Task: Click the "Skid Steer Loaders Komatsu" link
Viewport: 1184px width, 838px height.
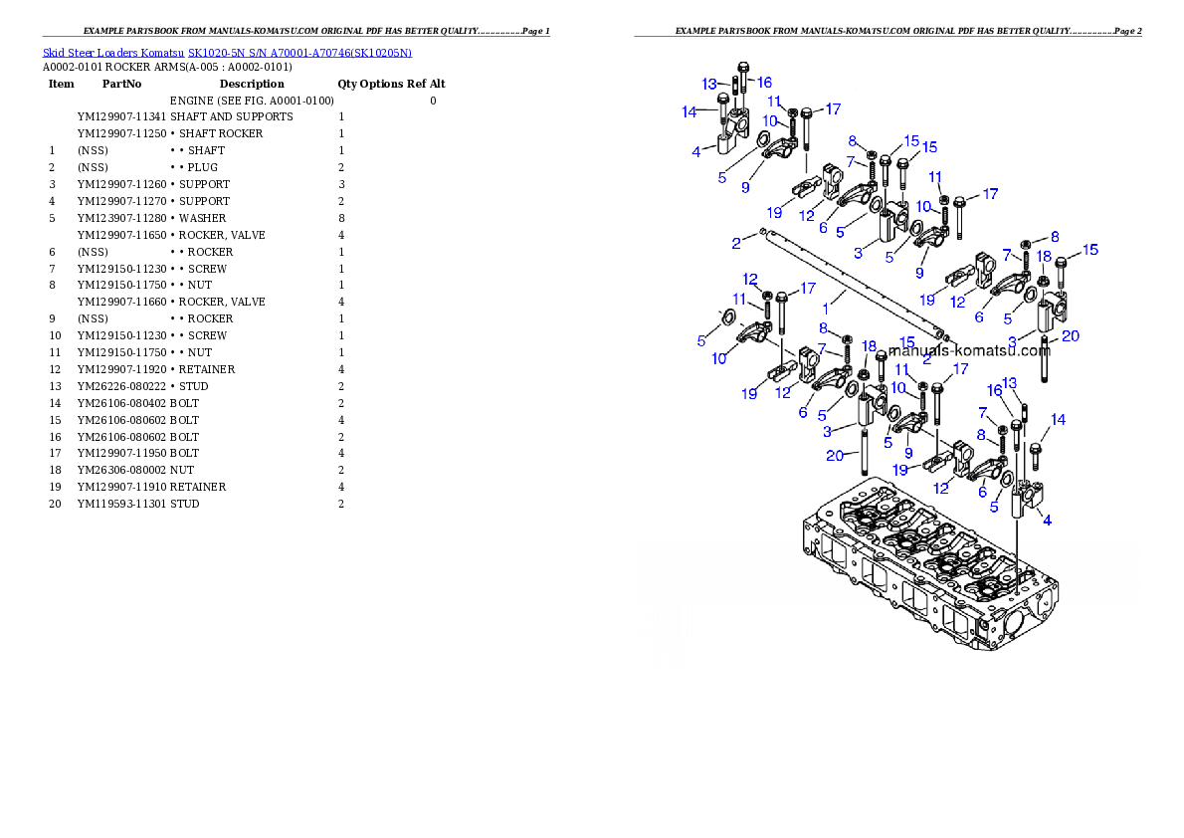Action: pos(114,52)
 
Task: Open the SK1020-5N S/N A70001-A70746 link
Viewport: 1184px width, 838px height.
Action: pos(298,52)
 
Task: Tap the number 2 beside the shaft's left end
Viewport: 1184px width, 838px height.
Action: pos(735,242)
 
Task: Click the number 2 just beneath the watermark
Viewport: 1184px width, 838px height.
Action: pos(926,360)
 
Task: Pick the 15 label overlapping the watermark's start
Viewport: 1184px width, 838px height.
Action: pos(906,341)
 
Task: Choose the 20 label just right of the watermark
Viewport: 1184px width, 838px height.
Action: pos(1070,336)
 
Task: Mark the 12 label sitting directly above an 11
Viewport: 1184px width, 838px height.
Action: pos(750,279)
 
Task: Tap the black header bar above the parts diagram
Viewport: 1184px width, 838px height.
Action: pos(888,36)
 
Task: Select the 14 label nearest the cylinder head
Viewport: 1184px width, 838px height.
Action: pos(1058,421)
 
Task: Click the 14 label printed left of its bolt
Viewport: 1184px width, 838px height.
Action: pos(690,112)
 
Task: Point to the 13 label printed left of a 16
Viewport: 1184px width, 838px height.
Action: pos(708,83)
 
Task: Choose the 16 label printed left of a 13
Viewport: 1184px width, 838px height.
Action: pos(994,391)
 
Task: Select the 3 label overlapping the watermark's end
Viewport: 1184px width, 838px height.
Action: pos(1012,341)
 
